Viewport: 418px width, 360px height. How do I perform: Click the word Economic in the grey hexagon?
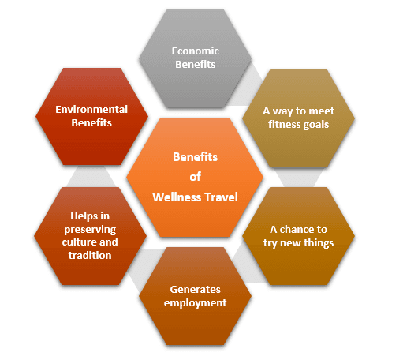195,51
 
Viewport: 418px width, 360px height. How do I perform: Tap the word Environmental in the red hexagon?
91,110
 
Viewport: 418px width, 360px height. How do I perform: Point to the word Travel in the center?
221,197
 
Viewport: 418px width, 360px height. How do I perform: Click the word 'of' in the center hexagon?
195,177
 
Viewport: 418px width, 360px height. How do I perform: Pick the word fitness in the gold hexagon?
284,125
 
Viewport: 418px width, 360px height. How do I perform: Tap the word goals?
316,125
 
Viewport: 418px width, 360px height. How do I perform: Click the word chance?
297,230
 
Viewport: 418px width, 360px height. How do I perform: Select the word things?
319,243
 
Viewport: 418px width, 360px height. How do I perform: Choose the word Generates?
195,290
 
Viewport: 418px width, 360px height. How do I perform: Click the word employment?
195,303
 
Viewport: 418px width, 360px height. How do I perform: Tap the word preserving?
90,230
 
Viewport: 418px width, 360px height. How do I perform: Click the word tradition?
90,255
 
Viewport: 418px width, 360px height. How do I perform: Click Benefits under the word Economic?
195,64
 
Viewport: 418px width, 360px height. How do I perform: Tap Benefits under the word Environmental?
91,122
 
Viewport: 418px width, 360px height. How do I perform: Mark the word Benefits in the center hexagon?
195,157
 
